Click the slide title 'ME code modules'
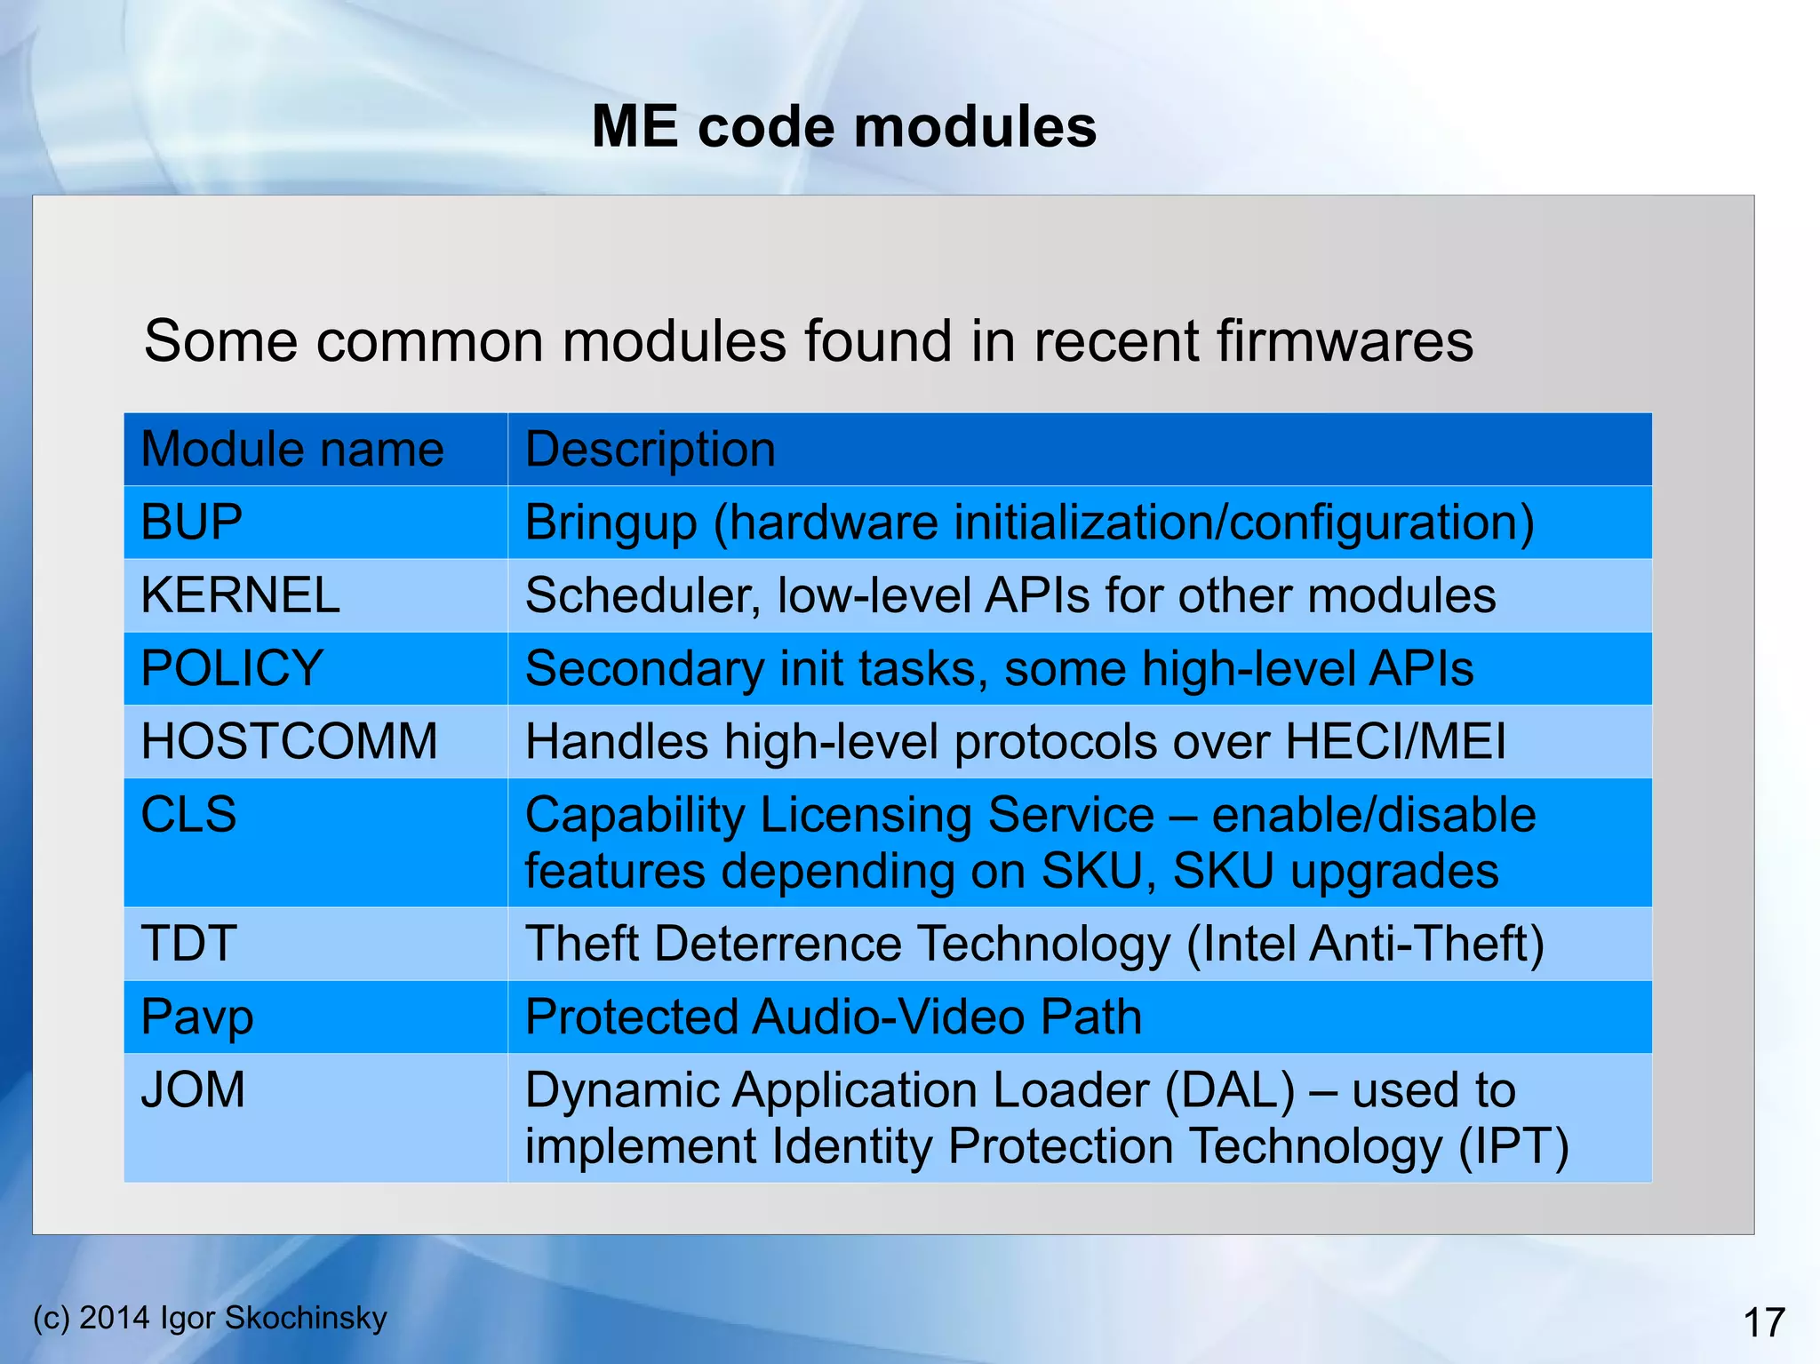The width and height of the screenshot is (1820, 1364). click(843, 126)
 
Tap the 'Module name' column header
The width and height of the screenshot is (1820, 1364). click(292, 449)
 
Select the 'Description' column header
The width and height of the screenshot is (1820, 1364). click(650, 449)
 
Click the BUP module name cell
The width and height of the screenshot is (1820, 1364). click(192, 522)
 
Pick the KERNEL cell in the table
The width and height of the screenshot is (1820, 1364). click(240, 594)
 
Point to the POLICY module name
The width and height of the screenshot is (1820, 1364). click(232, 667)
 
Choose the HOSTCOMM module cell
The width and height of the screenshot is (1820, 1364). click(289, 740)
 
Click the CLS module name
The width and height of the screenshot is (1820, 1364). click(188, 814)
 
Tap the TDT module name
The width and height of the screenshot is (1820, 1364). click(188, 943)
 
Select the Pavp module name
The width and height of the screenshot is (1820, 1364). click(197, 1017)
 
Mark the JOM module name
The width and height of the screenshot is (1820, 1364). click(193, 1089)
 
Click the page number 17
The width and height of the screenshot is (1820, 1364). click(1764, 1323)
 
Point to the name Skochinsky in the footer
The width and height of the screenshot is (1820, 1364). click(306, 1318)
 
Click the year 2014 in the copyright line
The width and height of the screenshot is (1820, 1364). click(115, 1318)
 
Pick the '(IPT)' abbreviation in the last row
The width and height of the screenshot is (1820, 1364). click(1513, 1146)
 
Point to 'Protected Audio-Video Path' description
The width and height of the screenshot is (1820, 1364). click(833, 1017)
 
